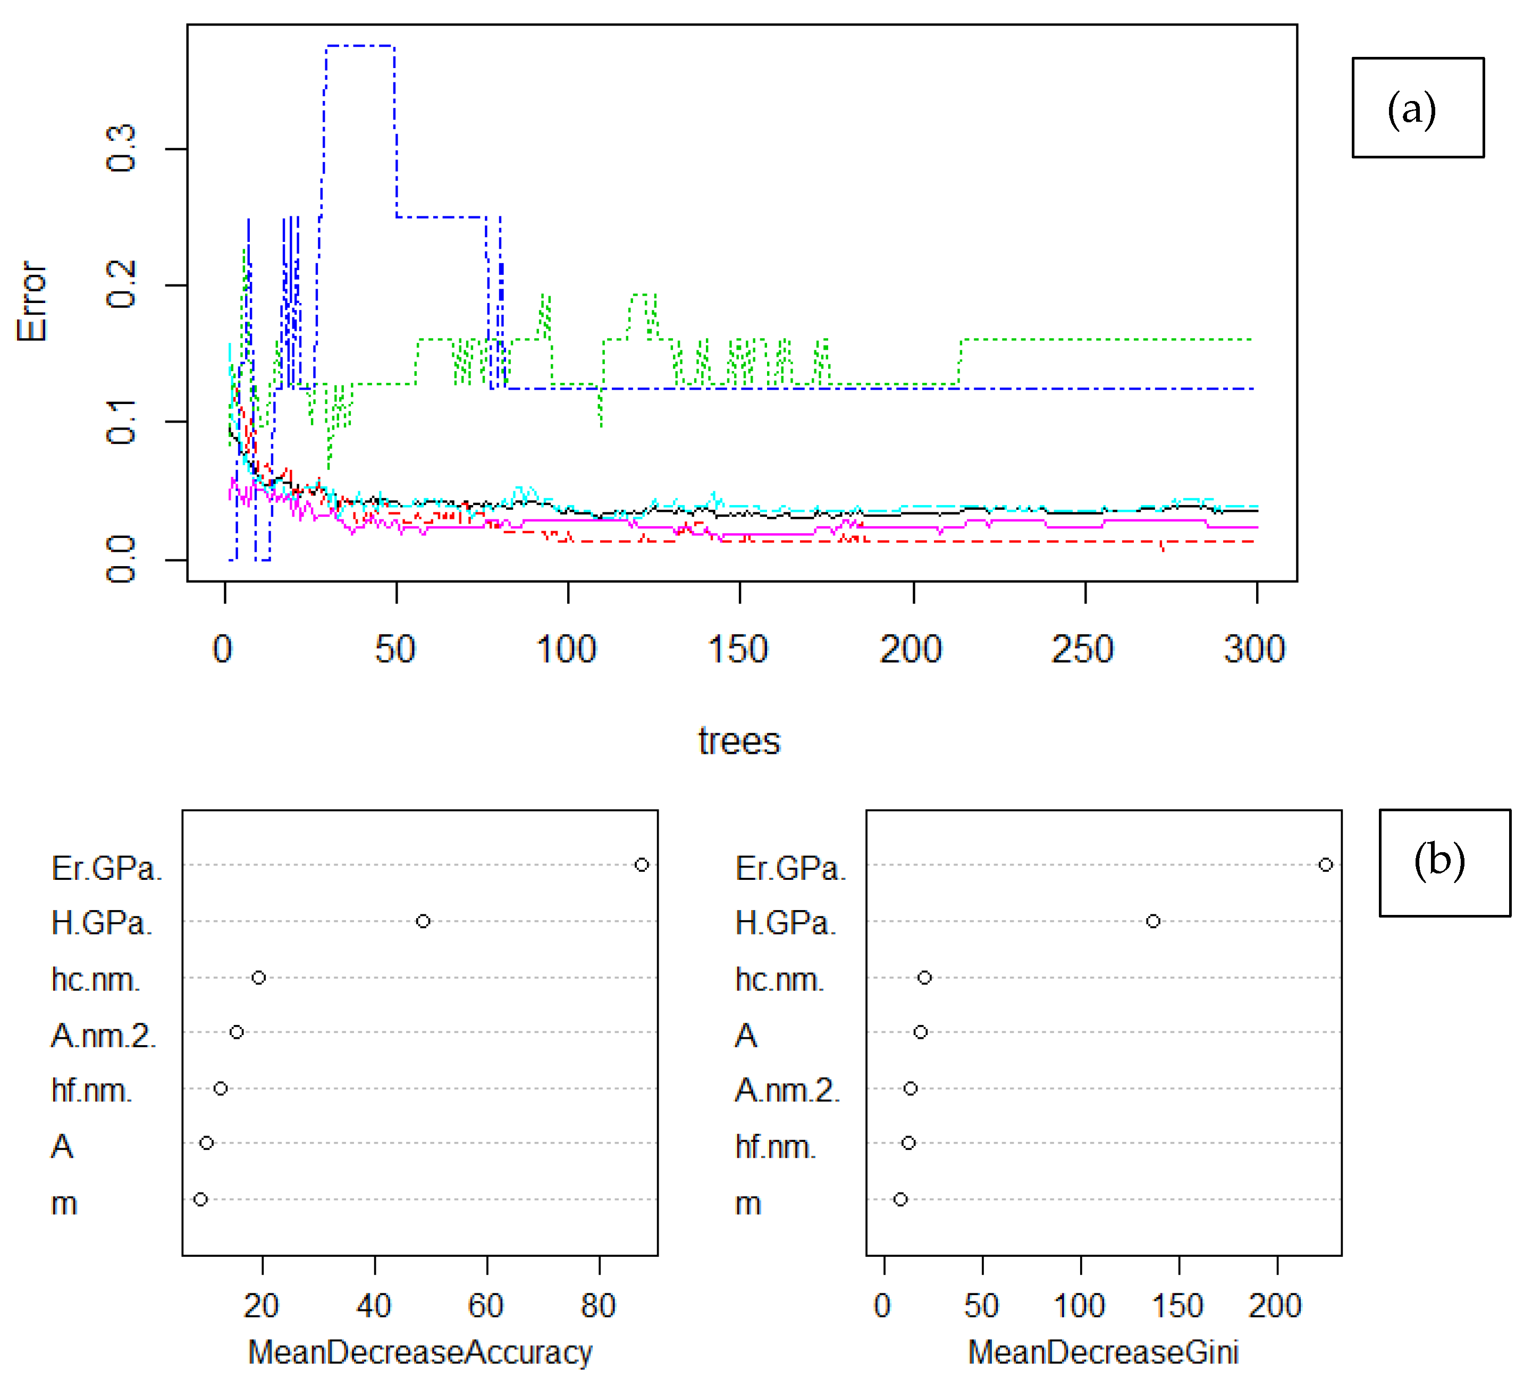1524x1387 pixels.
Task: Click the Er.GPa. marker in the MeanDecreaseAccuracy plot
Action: point(641,865)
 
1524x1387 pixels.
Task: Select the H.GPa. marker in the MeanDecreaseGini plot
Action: point(1153,921)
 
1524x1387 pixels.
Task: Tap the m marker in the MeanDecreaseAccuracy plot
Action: point(200,1199)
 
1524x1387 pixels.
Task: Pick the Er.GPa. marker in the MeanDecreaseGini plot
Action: point(1325,865)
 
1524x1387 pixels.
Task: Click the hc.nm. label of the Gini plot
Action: point(779,980)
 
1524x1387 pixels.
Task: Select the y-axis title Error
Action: point(32,301)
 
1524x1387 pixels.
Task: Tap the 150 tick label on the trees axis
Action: point(738,649)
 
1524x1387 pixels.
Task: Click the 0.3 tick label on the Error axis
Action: point(121,149)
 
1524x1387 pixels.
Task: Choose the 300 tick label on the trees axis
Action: point(1254,649)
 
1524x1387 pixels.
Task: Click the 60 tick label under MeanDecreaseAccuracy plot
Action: point(485,1305)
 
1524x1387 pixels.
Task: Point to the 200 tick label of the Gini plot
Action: point(1275,1305)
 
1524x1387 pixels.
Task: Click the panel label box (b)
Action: point(1445,862)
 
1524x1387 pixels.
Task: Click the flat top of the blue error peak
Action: point(360,46)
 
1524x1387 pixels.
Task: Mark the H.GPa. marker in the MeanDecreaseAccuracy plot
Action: point(423,921)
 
